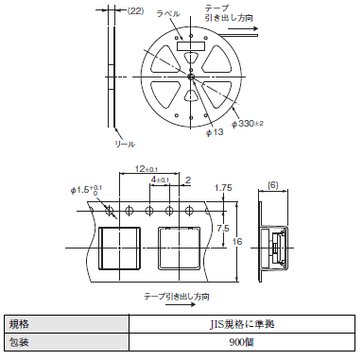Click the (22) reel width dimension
point(135,10)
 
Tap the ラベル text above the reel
point(168,14)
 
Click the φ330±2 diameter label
point(248,124)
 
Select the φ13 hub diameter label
point(215,132)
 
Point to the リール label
point(125,144)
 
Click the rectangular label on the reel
point(191,46)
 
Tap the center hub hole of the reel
point(191,77)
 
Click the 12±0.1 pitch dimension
point(147,169)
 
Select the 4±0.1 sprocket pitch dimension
point(160,180)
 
